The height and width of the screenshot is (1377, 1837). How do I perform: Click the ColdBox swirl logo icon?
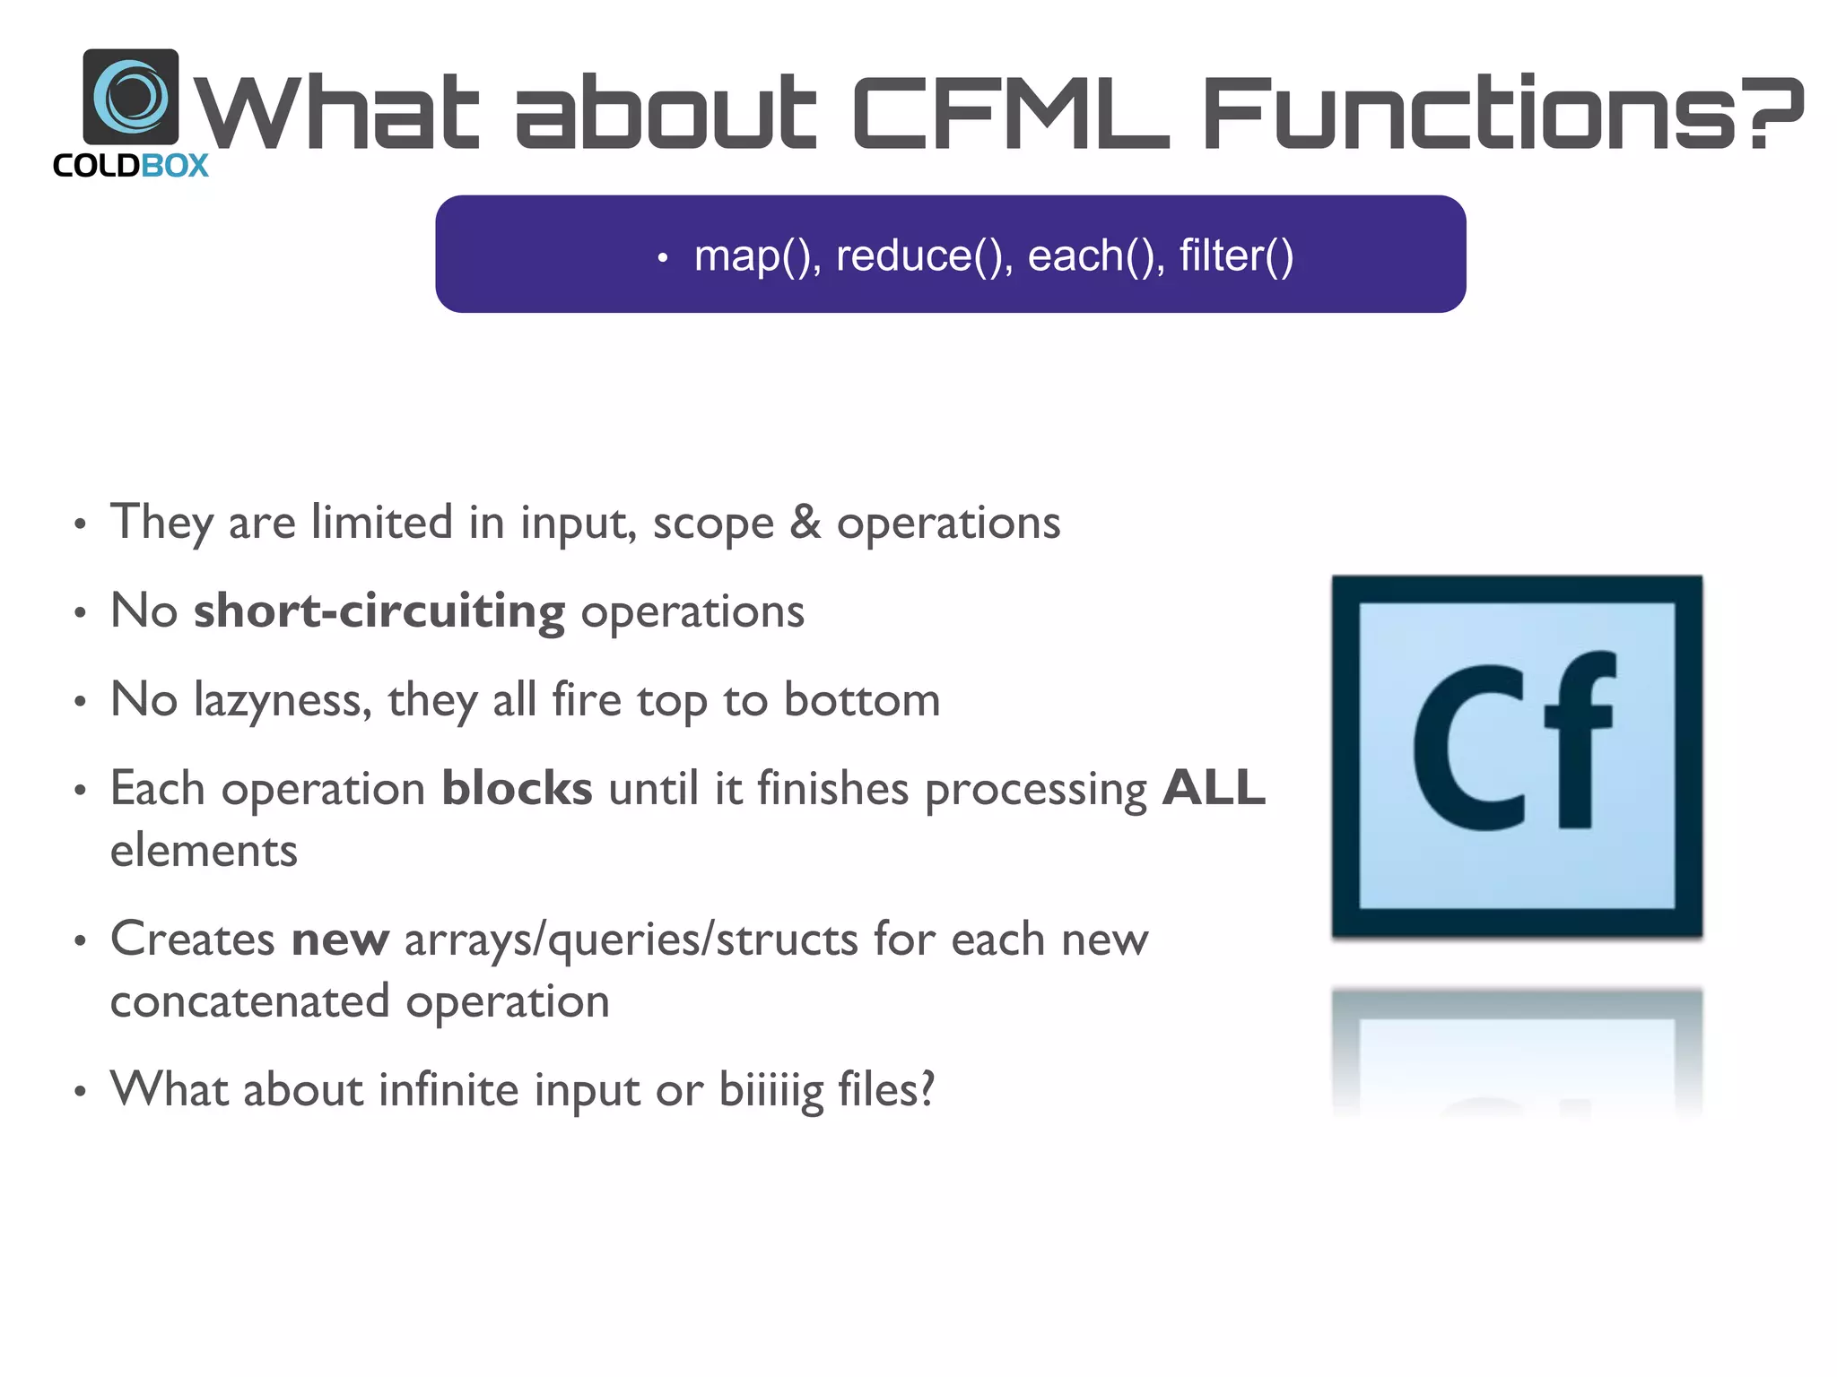point(131,96)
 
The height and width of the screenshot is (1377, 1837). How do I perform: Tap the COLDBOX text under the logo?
point(131,166)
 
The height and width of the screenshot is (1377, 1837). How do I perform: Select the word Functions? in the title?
point(1502,113)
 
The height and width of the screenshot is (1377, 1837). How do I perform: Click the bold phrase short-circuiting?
point(379,611)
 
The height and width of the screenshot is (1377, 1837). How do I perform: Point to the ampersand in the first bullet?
point(805,522)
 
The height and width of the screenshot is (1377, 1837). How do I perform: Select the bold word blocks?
point(517,789)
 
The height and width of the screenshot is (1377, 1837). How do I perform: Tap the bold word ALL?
point(1214,789)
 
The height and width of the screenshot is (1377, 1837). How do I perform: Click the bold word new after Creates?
point(340,940)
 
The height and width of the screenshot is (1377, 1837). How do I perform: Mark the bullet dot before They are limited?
point(81,524)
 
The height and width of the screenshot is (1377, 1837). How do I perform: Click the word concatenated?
point(249,1001)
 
